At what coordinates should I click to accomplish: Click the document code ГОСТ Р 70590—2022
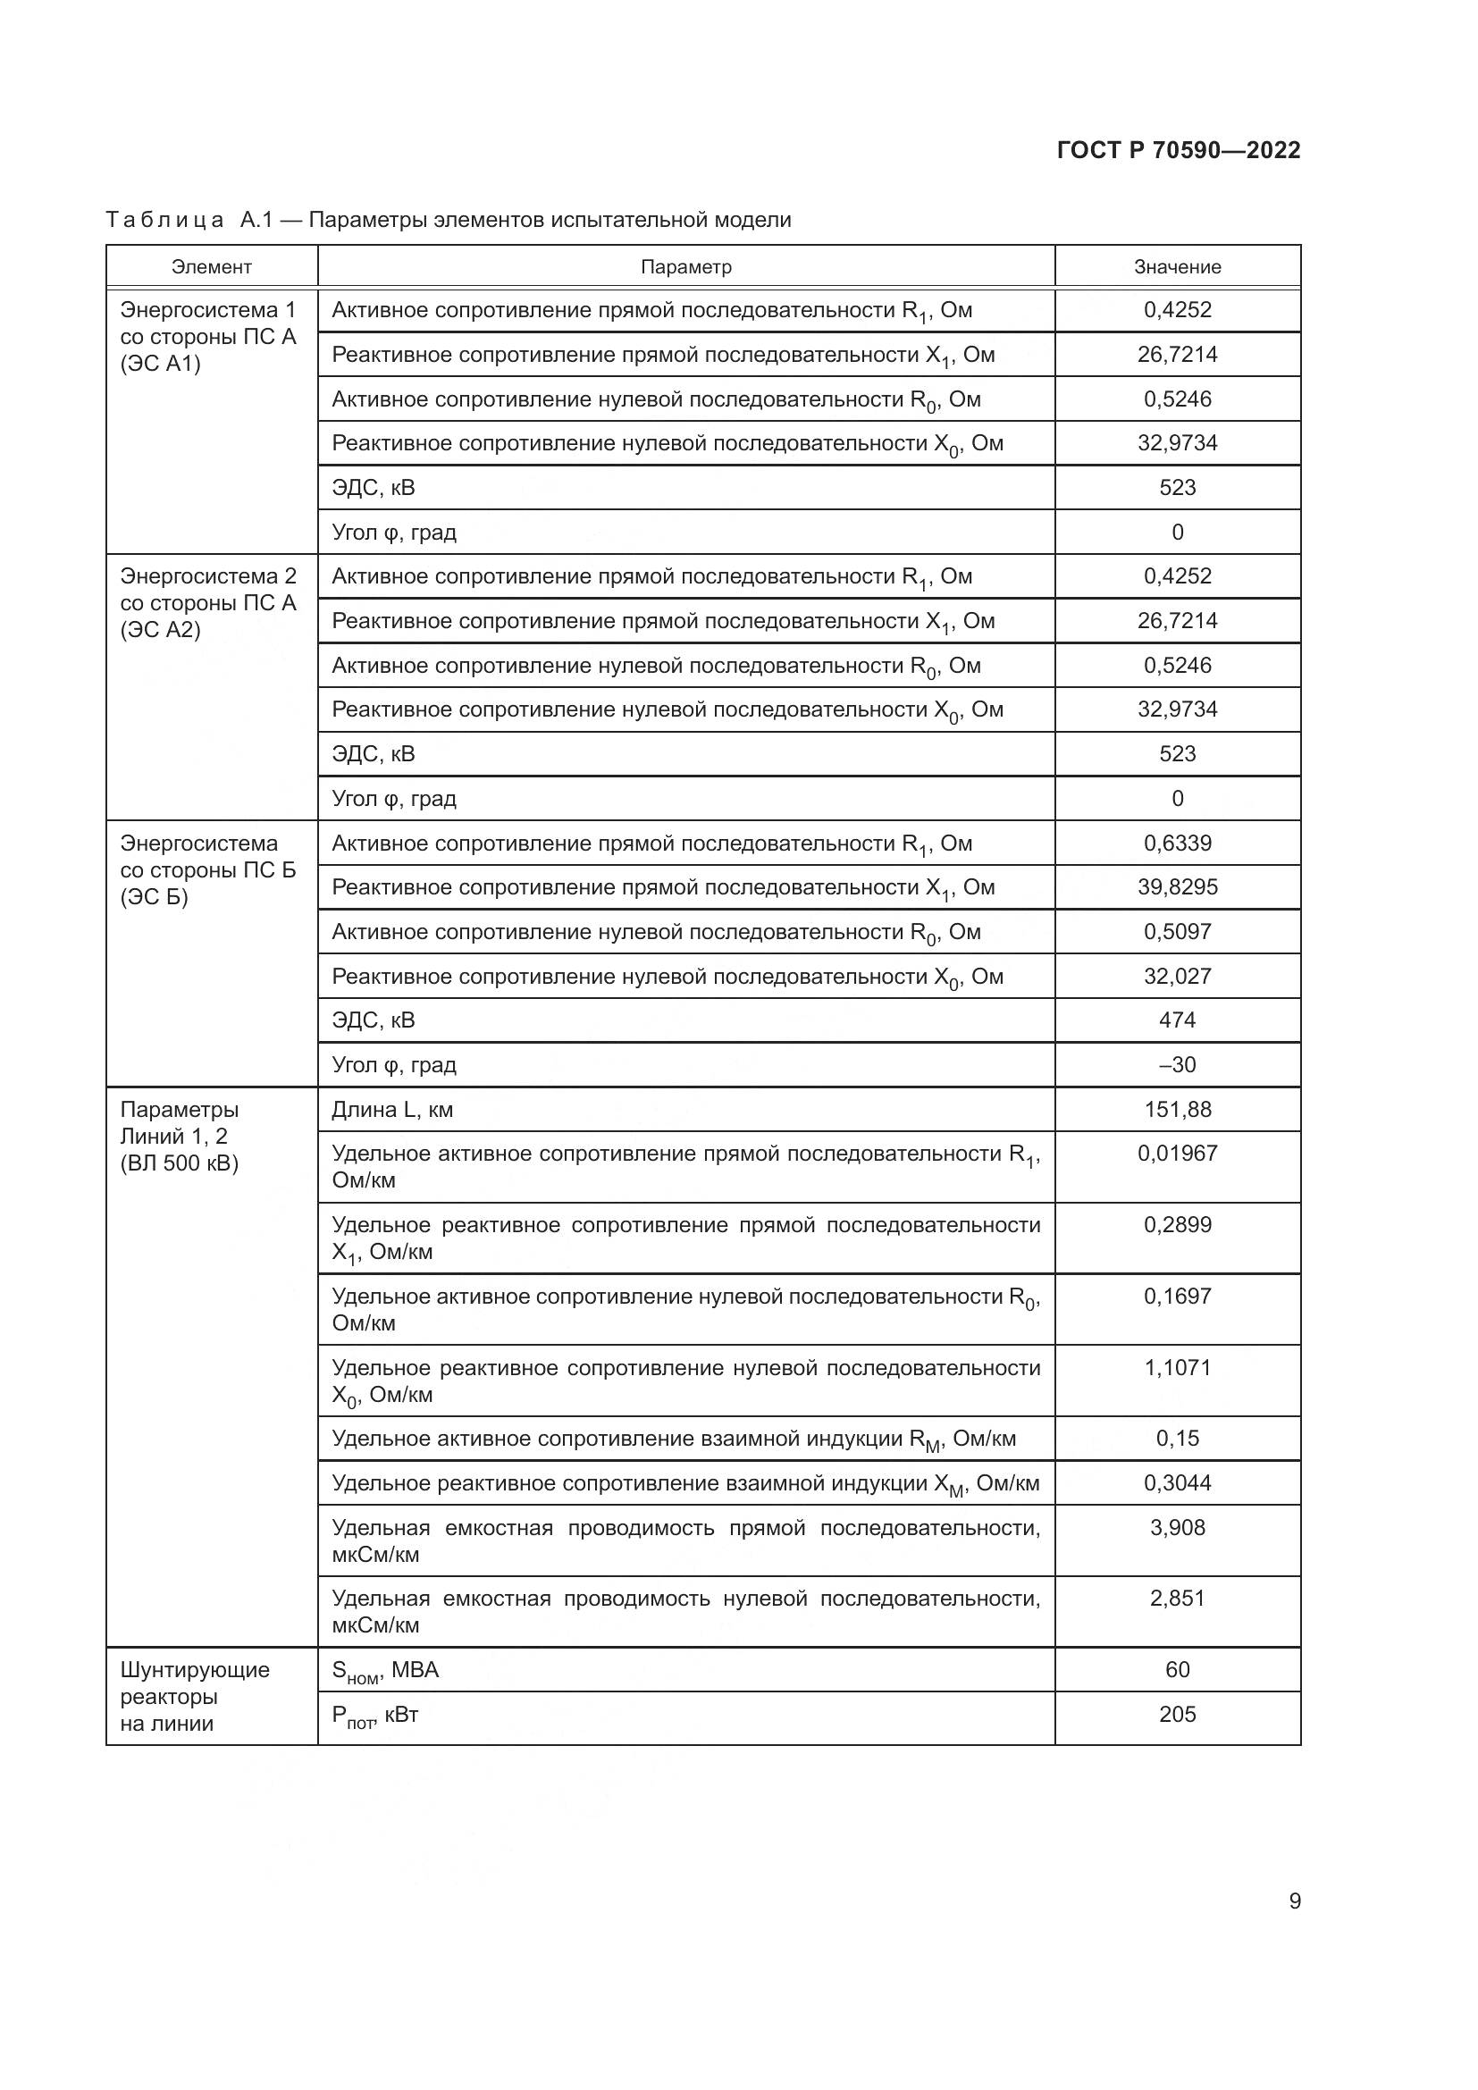[x=1178, y=150]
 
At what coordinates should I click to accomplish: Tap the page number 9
[x=1294, y=1901]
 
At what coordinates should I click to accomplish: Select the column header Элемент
[x=211, y=266]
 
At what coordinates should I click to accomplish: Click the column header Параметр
[x=685, y=266]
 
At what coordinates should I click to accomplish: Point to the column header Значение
[x=1177, y=266]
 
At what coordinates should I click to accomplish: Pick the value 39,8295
[x=1177, y=886]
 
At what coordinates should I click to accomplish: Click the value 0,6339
[x=1177, y=842]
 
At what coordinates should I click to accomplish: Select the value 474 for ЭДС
[x=1177, y=1020]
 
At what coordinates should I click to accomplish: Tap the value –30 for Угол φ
[x=1177, y=1064]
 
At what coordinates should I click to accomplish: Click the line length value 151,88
[x=1177, y=1109]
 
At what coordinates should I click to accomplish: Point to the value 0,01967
[x=1177, y=1154]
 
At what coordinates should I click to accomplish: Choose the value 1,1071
[x=1177, y=1367]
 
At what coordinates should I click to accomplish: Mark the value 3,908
[x=1177, y=1527]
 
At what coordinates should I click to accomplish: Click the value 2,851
[x=1177, y=1599]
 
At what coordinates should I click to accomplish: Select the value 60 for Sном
[x=1177, y=1669]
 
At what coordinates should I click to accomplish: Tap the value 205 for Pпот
[x=1177, y=1714]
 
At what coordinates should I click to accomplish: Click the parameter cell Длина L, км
[x=392, y=1109]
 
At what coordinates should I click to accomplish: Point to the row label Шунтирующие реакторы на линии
[x=195, y=1696]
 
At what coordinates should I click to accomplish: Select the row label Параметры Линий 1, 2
[x=180, y=1136]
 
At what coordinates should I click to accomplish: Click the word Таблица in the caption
[x=164, y=221]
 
